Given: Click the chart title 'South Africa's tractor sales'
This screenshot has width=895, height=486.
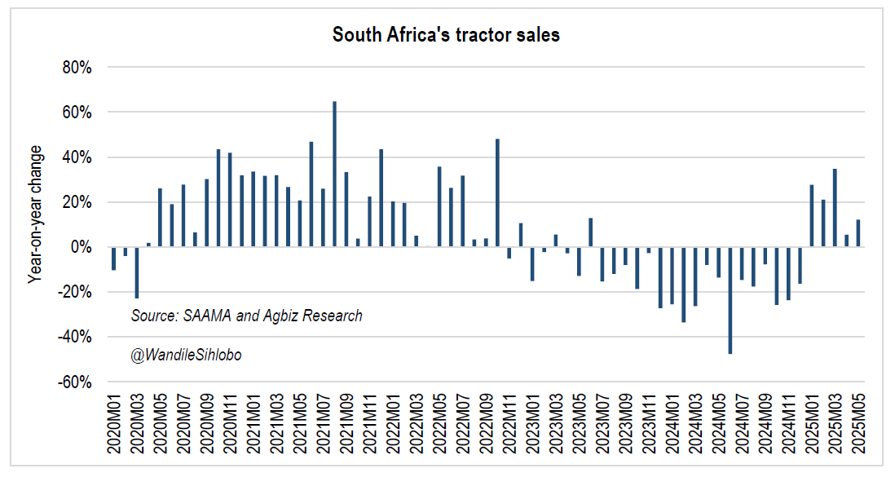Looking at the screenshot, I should tap(446, 35).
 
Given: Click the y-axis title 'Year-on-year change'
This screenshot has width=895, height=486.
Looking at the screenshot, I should tap(35, 214).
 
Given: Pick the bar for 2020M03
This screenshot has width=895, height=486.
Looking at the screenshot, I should tap(137, 272).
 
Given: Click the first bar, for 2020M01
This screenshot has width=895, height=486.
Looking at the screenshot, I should tap(113, 258).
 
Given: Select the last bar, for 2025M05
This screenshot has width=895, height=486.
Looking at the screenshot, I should tap(858, 233).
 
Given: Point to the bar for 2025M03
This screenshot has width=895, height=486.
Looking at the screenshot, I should tap(835, 208).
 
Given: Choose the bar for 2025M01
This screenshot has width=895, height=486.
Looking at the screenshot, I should tap(812, 216).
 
